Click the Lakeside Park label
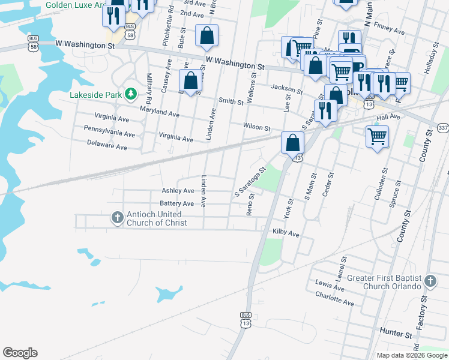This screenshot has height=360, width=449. point(95,94)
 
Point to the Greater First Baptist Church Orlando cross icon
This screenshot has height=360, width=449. point(430,281)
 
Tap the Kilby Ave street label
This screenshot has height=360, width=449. point(286,233)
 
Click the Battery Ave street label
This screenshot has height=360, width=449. point(176,204)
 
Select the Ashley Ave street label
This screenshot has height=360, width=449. point(178,191)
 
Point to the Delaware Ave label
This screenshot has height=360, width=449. point(107,145)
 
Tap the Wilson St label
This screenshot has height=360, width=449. point(257,127)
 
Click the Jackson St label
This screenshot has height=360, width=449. point(285,88)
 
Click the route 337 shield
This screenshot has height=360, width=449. point(443,128)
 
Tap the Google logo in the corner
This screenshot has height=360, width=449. point(20,353)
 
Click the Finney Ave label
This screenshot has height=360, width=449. point(389,26)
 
